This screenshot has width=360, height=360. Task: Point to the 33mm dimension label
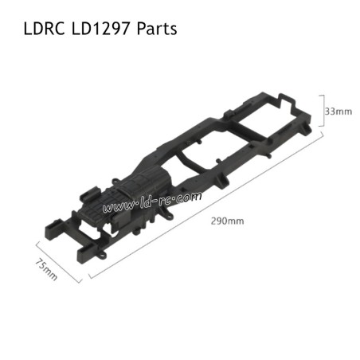(339, 112)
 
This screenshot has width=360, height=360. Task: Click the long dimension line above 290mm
(207, 205)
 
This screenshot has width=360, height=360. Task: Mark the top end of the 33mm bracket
(323, 95)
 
